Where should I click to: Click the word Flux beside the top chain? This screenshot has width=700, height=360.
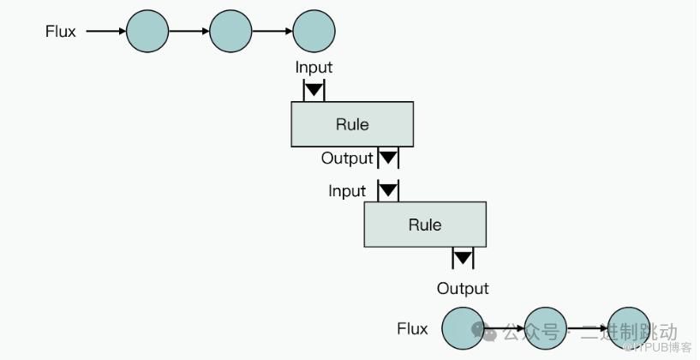pos(61,32)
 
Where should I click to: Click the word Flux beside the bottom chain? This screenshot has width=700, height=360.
pos(412,328)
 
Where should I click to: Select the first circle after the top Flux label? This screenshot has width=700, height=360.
pos(147,32)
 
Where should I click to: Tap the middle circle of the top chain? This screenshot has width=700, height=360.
pos(230,32)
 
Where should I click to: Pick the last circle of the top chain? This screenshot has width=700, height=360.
pos(314,32)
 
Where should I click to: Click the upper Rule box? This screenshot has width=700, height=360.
pos(352,124)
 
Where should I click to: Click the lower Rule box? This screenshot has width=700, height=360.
pos(425,225)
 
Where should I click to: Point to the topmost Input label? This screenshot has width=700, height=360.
pos(314,67)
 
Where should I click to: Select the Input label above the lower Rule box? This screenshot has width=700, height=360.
pos(347,191)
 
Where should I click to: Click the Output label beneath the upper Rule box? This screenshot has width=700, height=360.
pos(347,159)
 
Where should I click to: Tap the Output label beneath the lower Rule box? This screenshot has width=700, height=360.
pos(463,288)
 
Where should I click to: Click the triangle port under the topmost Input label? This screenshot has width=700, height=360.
pos(314,89)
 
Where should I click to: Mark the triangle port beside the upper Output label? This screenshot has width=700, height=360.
pos(388,159)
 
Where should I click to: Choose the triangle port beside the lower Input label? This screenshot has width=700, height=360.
pos(388,190)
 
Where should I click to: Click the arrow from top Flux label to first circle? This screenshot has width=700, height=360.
pos(105,32)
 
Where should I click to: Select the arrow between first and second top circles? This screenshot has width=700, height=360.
pos(189,32)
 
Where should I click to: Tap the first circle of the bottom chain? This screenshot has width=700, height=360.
pos(464,327)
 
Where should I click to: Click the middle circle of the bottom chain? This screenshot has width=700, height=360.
pos(546,327)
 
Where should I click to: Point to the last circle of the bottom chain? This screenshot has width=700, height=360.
pos(628,327)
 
